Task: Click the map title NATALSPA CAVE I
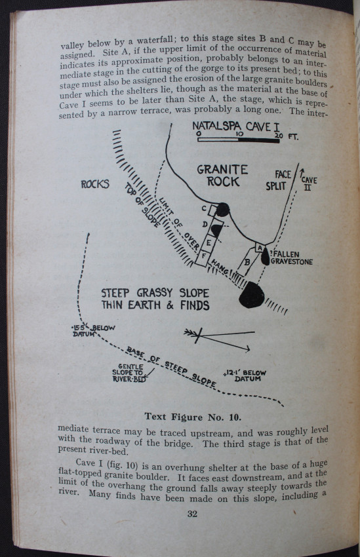[236, 126]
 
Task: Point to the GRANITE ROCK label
[222, 176]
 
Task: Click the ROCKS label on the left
[95, 184]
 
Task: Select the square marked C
[213, 210]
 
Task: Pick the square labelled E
[209, 242]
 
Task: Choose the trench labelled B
[247, 262]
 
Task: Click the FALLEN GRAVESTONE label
[291, 258]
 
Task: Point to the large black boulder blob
[252, 295]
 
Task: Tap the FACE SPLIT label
[278, 180]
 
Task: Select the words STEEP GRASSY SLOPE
[155, 293]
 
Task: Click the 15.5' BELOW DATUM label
[92, 330]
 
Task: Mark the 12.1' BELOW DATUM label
[245, 375]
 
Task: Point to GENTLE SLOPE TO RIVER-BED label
[129, 373]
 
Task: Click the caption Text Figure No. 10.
[193, 417]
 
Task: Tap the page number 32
[192, 514]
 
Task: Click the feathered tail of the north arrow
[189, 333]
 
